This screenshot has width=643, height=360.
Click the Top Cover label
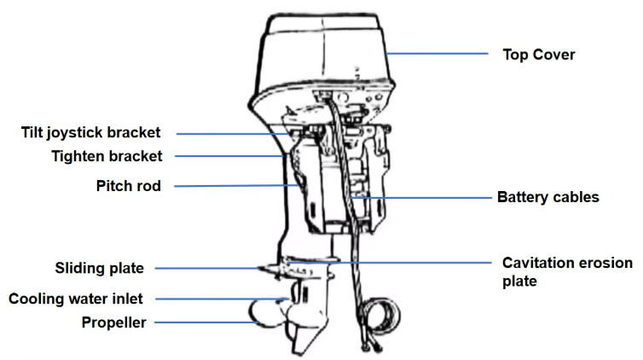click(x=539, y=55)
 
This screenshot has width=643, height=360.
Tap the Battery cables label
click(x=547, y=197)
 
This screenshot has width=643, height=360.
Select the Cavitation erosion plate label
click(x=567, y=272)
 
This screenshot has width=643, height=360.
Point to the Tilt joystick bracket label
click(x=90, y=133)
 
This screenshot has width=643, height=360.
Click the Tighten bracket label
click(x=107, y=156)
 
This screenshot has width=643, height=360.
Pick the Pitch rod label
click(x=129, y=186)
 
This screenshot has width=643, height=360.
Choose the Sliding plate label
click(x=99, y=268)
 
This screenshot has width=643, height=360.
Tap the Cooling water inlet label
click(x=75, y=299)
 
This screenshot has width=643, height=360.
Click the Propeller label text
click(x=113, y=322)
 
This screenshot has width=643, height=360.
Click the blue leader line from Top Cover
click(x=437, y=53)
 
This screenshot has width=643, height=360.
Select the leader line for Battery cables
click(x=422, y=198)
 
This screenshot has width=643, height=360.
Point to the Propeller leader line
click(x=206, y=322)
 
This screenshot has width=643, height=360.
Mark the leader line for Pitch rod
click(x=236, y=186)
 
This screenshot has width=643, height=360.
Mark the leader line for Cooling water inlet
click(x=223, y=299)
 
